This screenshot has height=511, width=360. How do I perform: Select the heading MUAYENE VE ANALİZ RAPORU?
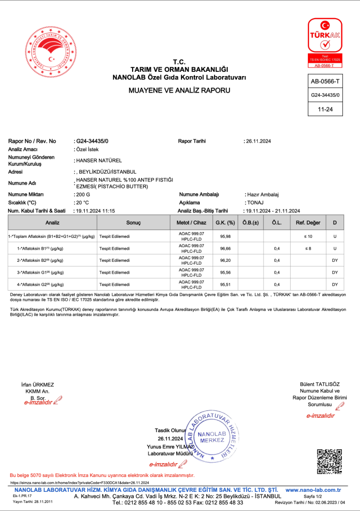coord(179,91)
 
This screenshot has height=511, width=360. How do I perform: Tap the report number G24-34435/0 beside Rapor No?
coord(92,141)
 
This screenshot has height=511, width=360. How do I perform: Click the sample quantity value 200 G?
coord(83,195)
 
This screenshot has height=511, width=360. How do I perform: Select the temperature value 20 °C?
coord(83,203)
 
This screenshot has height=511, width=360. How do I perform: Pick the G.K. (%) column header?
coord(224,222)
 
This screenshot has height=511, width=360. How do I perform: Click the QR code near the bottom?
coord(329,461)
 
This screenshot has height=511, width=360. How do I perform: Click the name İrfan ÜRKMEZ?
coord(37,384)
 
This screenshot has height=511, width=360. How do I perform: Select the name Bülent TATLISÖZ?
coord(320,384)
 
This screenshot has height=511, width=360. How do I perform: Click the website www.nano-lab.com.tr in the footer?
coord(313,490)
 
